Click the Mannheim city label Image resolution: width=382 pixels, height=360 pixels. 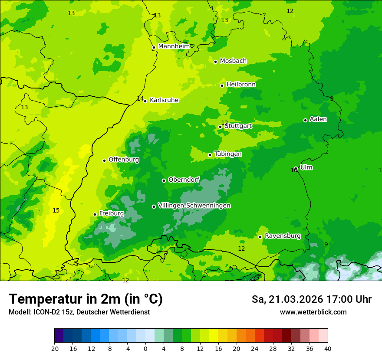174,46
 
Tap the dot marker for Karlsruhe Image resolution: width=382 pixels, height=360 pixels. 145,101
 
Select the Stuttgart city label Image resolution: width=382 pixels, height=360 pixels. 238,126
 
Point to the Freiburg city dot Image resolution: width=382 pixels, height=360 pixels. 95,214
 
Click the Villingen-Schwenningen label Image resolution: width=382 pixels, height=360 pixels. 194,206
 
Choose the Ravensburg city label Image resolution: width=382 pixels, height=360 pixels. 282,236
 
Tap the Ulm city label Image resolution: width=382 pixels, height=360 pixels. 306,167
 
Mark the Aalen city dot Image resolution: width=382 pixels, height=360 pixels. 305,120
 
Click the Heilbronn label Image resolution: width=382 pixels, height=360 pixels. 241,85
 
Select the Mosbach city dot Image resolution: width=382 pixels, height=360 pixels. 215,62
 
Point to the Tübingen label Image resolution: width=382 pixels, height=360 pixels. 228,154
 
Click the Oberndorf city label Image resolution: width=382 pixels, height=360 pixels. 184,180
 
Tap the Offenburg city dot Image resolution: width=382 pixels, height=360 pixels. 104,160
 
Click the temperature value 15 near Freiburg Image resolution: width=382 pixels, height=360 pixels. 56,211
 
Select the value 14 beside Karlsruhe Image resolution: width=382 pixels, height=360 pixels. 140,99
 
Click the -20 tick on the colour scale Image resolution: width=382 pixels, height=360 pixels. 54,348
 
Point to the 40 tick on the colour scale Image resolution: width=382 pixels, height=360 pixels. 328,348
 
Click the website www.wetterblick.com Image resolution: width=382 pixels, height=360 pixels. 313,312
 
